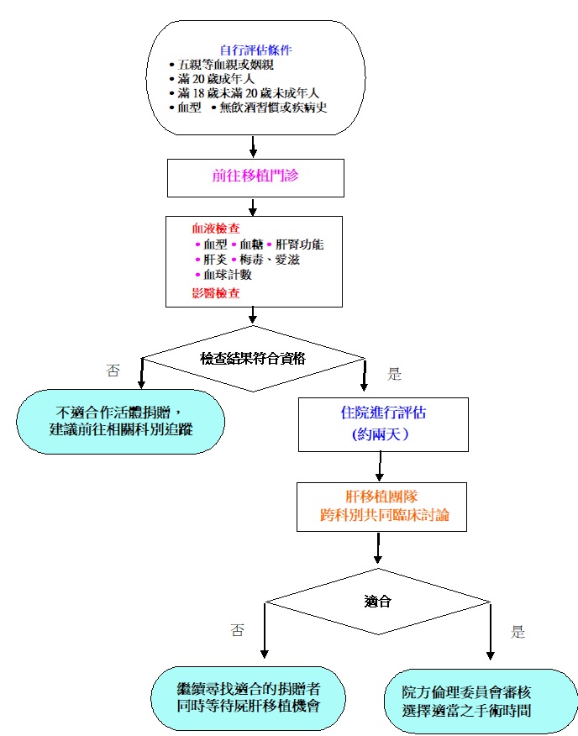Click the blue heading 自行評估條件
coord(255,50)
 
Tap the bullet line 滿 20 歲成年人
coord(219,78)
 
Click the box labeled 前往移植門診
coord(255,177)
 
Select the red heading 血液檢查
coord(216,229)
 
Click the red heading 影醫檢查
coord(216,292)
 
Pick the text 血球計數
coord(228,275)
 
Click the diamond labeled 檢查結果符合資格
coord(253,358)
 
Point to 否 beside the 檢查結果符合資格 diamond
coord(113,371)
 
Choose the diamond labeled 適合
coord(378,602)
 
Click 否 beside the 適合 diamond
coord(237,631)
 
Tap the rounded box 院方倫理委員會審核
coord(481,701)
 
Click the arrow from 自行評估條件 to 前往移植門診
coord(254,147)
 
